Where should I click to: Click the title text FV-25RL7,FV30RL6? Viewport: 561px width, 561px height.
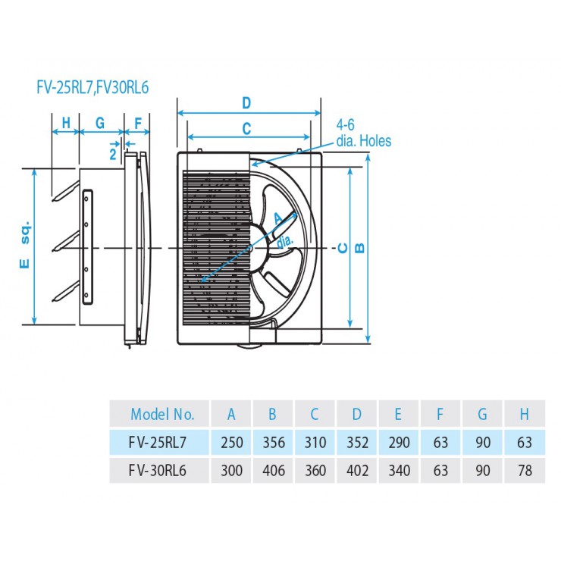click(x=92, y=88)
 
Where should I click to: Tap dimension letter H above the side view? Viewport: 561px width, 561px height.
click(x=66, y=123)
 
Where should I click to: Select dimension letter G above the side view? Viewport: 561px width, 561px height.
click(x=100, y=123)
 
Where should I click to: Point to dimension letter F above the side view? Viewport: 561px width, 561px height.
click(x=138, y=123)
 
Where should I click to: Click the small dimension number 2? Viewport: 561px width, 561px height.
click(x=113, y=154)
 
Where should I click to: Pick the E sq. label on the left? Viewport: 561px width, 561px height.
click(x=25, y=244)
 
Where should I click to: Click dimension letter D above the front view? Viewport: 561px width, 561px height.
click(x=246, y=103)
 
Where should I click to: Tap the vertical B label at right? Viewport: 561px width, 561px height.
click(x=359, y=248)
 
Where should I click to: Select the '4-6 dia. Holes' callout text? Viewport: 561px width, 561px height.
click(x=363, y=133)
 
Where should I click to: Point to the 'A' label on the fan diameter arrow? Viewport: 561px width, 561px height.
click(x=278, y=218)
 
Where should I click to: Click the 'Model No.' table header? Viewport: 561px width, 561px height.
click(x=162, y=415)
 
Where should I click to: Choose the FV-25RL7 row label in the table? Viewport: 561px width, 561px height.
click(x=158, y=443)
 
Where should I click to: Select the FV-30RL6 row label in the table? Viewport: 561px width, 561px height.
click(x=158, y=471)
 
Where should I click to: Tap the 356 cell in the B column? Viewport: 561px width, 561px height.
click(x=274, y=443)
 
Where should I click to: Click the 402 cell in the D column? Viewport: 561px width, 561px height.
click(x=357, y=471)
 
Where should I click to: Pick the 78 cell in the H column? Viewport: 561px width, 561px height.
click(x=525, y=471)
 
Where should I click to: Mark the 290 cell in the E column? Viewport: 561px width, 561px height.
click(x=400, y=443)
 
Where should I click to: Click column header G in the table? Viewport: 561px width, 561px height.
click(x=482, y=415)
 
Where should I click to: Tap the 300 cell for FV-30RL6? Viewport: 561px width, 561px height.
click(x=231, y=471)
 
